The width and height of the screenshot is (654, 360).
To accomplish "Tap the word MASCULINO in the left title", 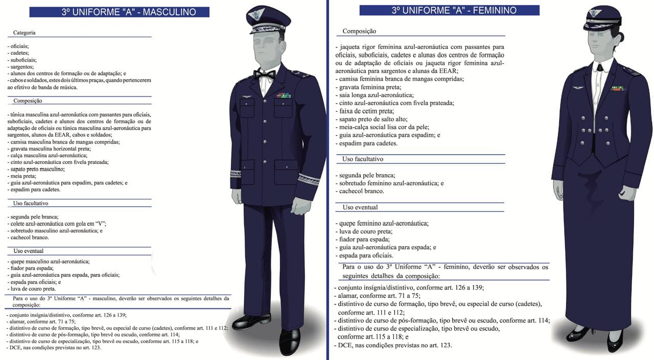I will click(169, 12).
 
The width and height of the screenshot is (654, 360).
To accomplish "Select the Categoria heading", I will click(25, 33).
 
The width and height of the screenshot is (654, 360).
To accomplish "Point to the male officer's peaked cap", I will click(268, 19).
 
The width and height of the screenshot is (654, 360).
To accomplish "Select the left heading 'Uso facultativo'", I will click(31, 203).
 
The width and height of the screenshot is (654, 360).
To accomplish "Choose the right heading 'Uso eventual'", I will click(360, 207).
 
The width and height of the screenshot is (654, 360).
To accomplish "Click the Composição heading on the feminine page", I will click(359, 31).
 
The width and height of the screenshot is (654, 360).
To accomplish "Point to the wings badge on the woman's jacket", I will click(578, 88).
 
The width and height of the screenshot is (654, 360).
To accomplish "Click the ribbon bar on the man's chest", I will click(283, 95).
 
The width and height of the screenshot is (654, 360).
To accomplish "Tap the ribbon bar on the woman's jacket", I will click(617, 88).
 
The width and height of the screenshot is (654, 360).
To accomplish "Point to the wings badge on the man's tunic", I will click(246, 97).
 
